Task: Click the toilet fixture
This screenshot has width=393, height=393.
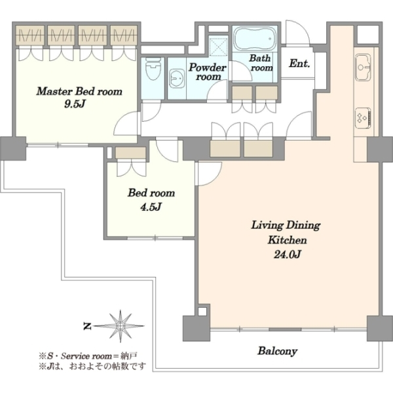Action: pyautogui.click(x=153, y=69)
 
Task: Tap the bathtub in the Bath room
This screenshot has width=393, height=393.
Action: pyautogui.click(x=255, y=39)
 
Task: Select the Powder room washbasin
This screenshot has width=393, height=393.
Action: pyautogui.click(x=177, y=78)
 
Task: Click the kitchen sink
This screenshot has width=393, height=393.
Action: pyautogui.click(x=363, y=67)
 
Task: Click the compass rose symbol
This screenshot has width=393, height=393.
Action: pyautogui.click(x=121, y=326)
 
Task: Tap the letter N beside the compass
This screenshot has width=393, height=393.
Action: pyautogui.click(x=87, y=326)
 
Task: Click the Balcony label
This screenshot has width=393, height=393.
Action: pyautogui.click(x=278, y=351)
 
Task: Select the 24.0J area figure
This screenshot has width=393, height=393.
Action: pyautogui.click(x=287, y=255)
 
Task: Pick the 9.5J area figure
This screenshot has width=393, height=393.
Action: pyautogui.click(x=75, y=104)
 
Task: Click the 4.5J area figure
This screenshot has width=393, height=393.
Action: pyautogui.click(x=151, y=207)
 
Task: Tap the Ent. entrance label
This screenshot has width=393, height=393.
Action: pyautogui.click(x=299, y=64)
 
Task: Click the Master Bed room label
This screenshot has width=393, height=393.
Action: pyautogui.click(x=79, y=91)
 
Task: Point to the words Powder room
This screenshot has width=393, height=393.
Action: pyautogui.click(x=208, y=71)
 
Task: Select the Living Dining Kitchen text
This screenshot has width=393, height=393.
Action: pyautogui.click(x=286, y=233)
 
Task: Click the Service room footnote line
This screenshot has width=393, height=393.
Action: pyautogui.click(x=88, y=356)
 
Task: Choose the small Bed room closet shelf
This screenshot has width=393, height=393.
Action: pyautogui.click(x=130, y=153)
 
